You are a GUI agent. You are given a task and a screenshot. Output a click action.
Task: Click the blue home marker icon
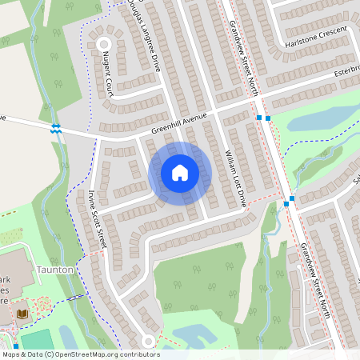pos(180,173)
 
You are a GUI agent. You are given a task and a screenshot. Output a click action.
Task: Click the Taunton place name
pos(55,270)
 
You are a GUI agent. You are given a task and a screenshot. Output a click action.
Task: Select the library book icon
pos(22,313)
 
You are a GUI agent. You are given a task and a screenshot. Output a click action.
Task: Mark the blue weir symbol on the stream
pos(56,128)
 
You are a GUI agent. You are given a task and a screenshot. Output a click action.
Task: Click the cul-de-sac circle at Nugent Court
pos(103,44)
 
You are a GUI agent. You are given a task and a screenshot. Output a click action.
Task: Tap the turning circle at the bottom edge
pos(148,342)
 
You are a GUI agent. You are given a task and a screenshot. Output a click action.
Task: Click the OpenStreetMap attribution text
pos(81,354)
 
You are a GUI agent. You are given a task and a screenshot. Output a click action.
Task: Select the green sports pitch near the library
pos(35,340)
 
